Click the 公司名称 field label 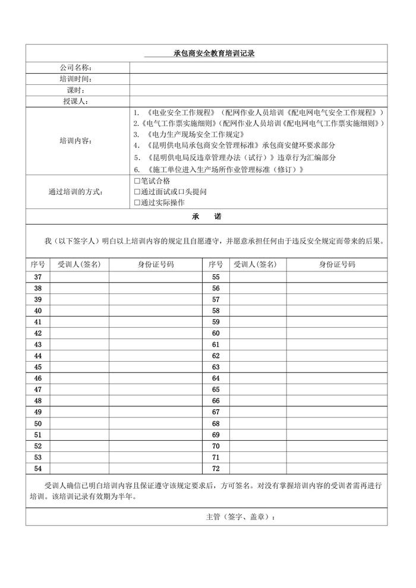point(75,67)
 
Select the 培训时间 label point(75,78)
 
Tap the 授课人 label point(75,101)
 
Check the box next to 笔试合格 point(137,181)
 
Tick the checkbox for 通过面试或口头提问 point(137,192)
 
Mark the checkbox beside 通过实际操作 point(137,203)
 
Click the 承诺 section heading point(206,217)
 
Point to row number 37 point(38,277)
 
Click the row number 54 point(38,469)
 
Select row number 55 point(216,277)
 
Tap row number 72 point(216,469)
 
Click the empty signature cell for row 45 point(79,367)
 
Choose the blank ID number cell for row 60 point(336,333)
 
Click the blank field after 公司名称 point(258,67)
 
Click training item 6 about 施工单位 point(219,169)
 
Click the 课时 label point(75,90)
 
